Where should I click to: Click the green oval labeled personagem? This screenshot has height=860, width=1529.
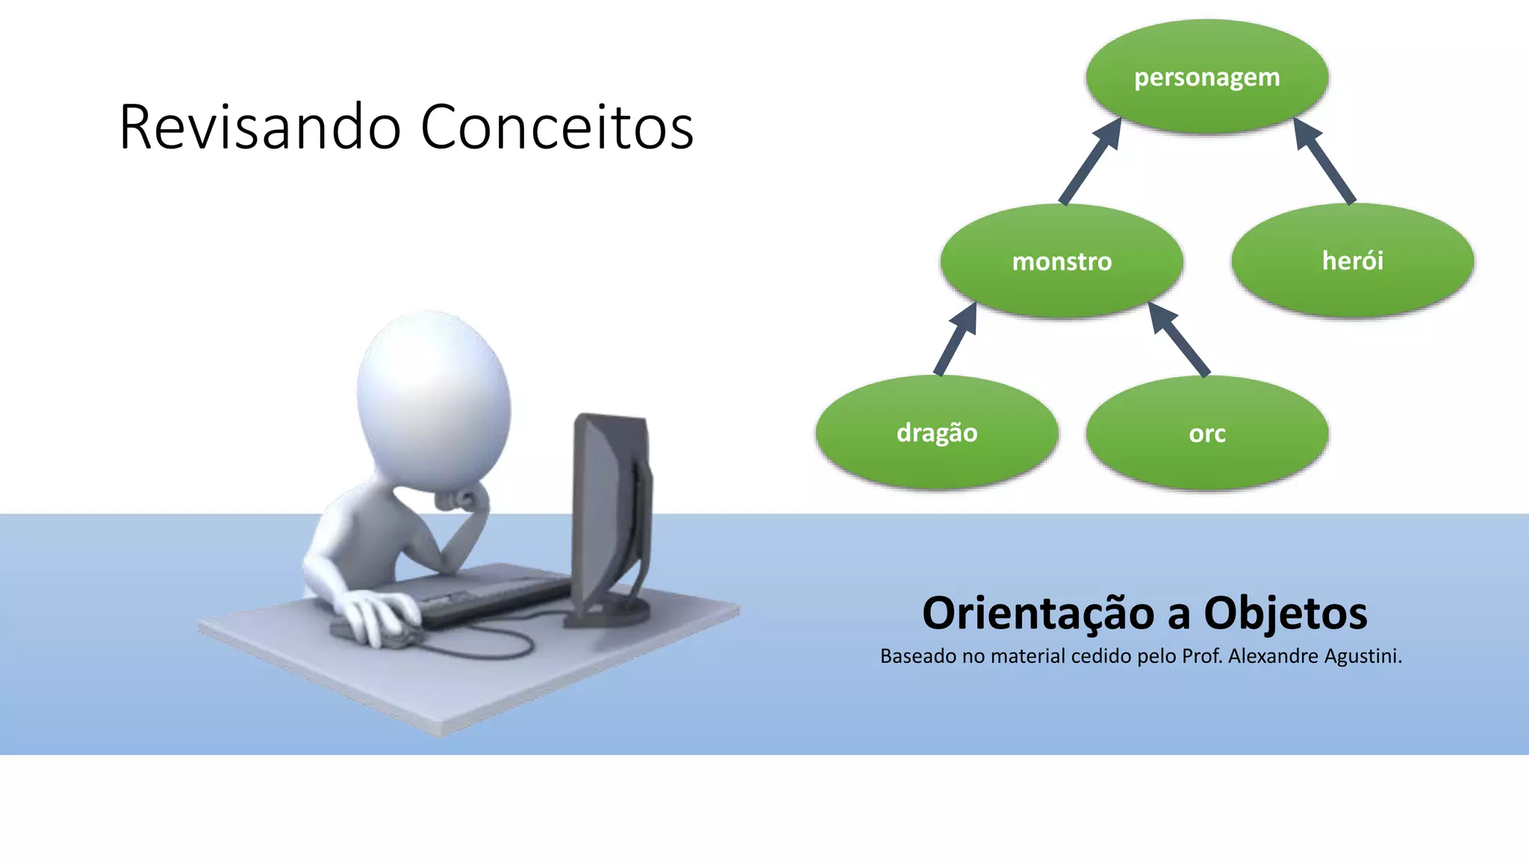(x=1206, y=77)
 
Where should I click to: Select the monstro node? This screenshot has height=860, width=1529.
(x=1061, y=261)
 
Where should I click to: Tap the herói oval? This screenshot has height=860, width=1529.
(x=1352, y=261)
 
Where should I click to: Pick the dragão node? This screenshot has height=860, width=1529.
(x=936, y=433)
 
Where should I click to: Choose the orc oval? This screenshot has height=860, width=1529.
(x=1206, y=434)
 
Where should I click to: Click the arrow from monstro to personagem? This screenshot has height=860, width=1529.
(x=1090, y=161)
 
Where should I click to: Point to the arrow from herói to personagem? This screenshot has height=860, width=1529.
(x=1324, y=161)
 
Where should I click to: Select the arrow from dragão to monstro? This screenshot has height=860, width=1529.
(x=956, y=339)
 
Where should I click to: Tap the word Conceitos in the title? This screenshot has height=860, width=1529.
(x=557, y=128)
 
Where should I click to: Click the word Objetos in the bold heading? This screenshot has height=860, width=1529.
(x=1285, y=614)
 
